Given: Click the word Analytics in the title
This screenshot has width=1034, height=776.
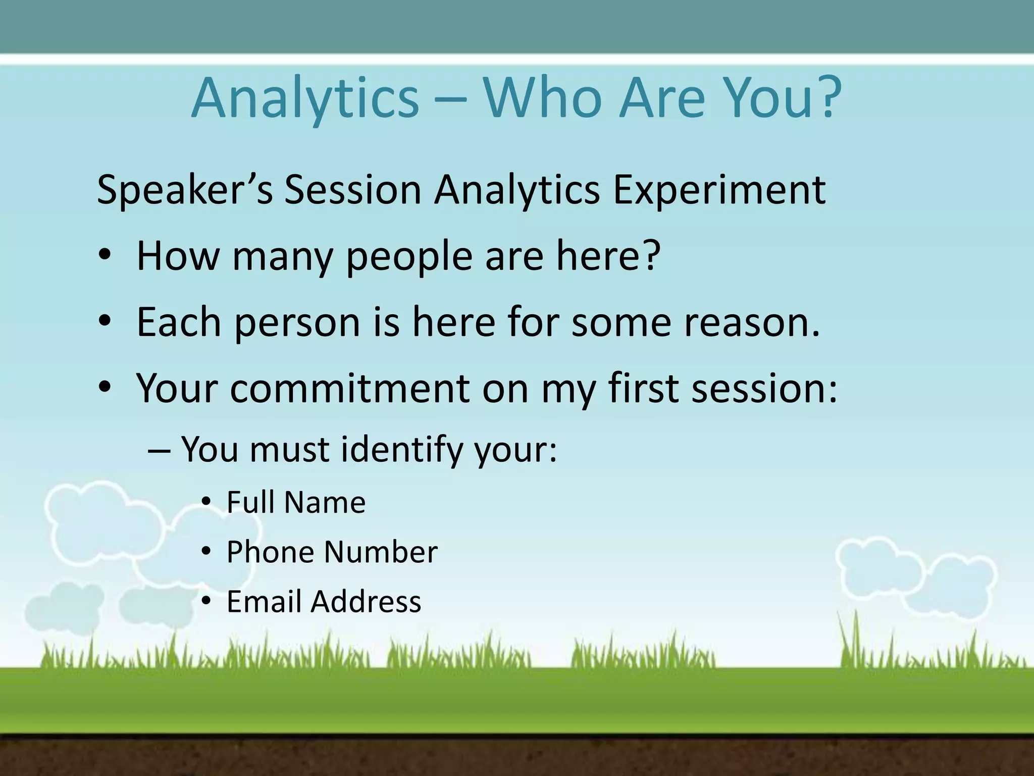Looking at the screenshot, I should [x=305, y=99].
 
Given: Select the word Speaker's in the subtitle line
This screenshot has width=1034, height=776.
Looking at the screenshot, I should [x=185, y=190].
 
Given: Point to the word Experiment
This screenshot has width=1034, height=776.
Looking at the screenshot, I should [x=719, y=190].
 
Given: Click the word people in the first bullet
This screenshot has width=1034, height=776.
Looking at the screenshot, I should [x=409, y=257].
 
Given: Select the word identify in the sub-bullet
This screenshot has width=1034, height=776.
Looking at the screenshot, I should [x=401, y=450].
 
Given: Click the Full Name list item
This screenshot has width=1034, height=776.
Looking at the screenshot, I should [x=296, y=502].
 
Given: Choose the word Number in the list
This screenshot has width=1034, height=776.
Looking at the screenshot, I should [x=381, y=552].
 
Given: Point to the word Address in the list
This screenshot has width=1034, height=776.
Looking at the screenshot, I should [x=366, y=601].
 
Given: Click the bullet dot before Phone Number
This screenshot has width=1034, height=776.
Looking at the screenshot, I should [x=205, y=552].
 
